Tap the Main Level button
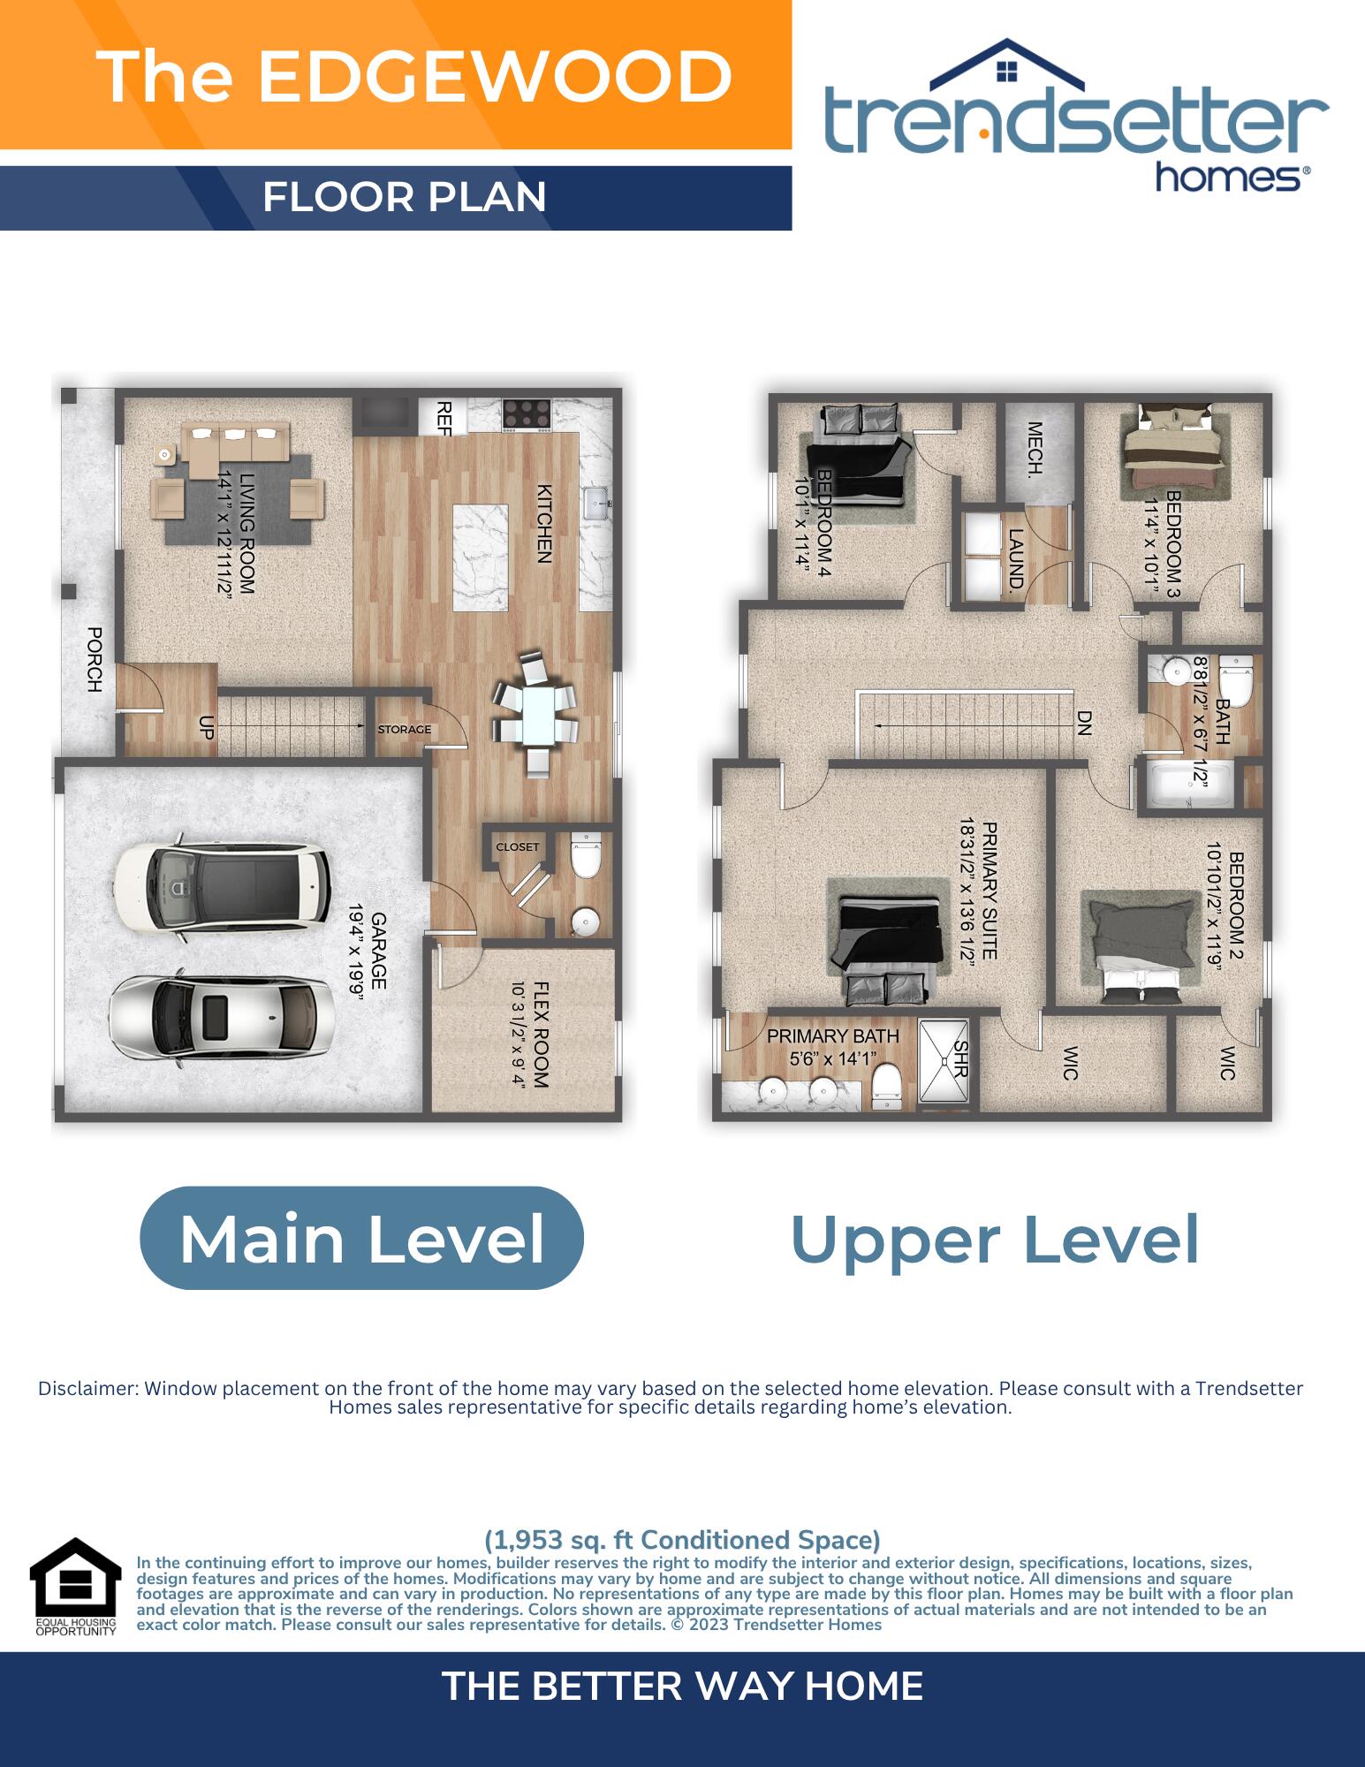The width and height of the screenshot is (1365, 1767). coord(361,1238)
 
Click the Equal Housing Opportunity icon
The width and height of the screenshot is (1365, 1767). coord(75,1587)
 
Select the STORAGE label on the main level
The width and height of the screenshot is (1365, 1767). coord(405,730)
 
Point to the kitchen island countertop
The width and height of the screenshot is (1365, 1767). coord(481,557)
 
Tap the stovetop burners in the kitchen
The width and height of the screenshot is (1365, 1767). coord(527,414)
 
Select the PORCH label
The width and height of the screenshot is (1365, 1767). coord(95,659)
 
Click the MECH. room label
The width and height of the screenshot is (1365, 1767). coord(1035,448)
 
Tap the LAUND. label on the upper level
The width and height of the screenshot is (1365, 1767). coord(1016,560)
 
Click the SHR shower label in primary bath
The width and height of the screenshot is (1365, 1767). coord(961,1058)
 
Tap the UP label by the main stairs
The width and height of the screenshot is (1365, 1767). coord(207,727)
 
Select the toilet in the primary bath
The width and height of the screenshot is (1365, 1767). coord(886,1088)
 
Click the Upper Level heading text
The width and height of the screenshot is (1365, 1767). coord(995,1239)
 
